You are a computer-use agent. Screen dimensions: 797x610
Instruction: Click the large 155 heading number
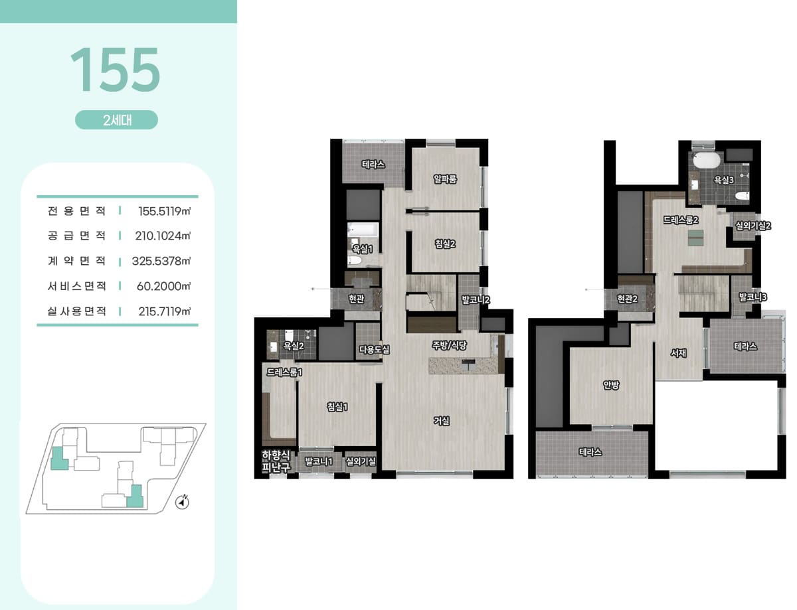coord(115,69)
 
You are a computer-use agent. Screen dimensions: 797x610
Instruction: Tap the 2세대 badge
coord(117,119)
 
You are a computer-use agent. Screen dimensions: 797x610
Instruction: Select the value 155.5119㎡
coord(164,211)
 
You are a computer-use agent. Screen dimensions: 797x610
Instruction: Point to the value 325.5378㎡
coord(161,261)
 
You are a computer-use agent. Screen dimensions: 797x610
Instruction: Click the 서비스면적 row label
coord(76,286)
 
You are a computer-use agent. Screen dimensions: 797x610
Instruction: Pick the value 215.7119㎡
coord(164,311)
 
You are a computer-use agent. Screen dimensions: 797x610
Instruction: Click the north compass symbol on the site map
coord(182,502)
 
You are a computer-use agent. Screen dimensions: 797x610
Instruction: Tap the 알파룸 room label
coord(445,179)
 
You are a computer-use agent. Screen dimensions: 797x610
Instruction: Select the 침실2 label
coord(445,244)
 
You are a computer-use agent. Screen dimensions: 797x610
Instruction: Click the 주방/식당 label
coord(449,344)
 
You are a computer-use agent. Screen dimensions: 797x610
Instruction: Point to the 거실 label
coord(442,421)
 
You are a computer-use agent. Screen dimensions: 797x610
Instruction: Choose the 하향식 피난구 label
coord(276,461)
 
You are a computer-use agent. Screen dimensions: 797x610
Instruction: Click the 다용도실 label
coord(374,350)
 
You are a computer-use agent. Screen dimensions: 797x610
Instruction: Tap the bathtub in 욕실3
coord(707,160)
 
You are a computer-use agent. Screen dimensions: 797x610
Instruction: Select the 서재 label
coord(678,353)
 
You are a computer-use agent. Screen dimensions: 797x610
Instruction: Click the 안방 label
coord(611,385)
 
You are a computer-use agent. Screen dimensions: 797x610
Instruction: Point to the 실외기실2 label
coord(753,225)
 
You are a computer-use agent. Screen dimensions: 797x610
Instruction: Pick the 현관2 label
coord(627,299)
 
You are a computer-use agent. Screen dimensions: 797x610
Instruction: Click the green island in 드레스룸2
coord(695,238)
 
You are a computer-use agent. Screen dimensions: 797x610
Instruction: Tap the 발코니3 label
coord(753,297)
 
